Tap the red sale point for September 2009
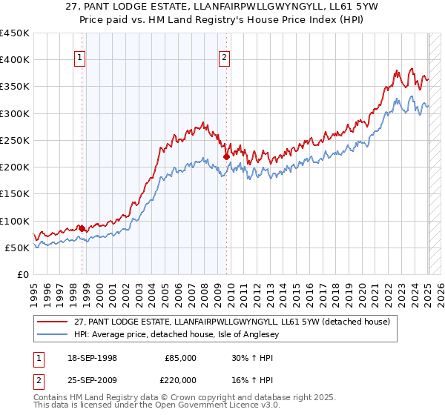[x=226, y=156]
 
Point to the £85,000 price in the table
[x=180, y=357]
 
